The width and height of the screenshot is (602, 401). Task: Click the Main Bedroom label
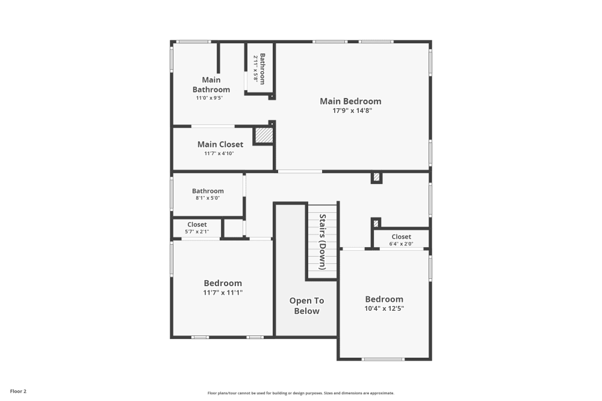coord(350,101)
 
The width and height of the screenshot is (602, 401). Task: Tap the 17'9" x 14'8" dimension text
coord(352,111)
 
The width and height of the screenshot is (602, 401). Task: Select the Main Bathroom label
coord(211,85)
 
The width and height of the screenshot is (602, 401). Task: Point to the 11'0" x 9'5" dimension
coord(209,98)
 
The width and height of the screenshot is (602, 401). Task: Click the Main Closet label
coord(220,144)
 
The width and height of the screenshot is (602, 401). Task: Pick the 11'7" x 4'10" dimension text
coord(219,153)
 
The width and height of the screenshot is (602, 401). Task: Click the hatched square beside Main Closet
coord(264,135)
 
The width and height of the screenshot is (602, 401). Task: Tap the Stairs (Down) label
coord(323,242)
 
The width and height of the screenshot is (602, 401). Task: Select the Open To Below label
coord(307,306)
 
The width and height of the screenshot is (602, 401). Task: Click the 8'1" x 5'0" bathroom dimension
coord(208,198)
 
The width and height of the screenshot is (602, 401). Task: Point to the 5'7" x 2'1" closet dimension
coord(197,231)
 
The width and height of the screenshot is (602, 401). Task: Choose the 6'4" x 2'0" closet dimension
coord(401,244)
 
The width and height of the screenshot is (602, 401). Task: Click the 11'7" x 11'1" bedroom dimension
coord(223,293)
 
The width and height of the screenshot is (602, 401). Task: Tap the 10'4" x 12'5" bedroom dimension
coord(384,308)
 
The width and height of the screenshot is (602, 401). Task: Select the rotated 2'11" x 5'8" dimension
coord(255,69)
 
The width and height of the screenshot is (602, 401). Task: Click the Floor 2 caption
coord(18,391)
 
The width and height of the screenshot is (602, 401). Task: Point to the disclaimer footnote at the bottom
coord(300,393)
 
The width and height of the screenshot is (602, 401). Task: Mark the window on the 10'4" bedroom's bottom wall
coord(383,359)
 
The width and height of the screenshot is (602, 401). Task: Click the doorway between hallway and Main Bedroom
coord(300,171)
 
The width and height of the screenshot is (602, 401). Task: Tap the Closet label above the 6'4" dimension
coord(401,236)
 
